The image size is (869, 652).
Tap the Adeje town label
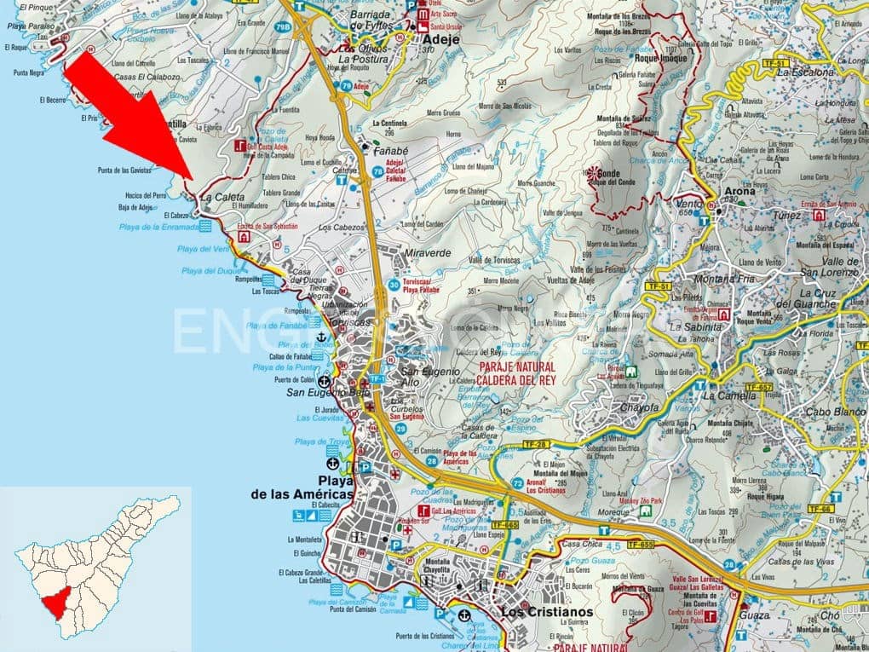(440, 38)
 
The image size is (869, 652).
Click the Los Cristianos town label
(547, 612)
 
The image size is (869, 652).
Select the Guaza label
(755, 614)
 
